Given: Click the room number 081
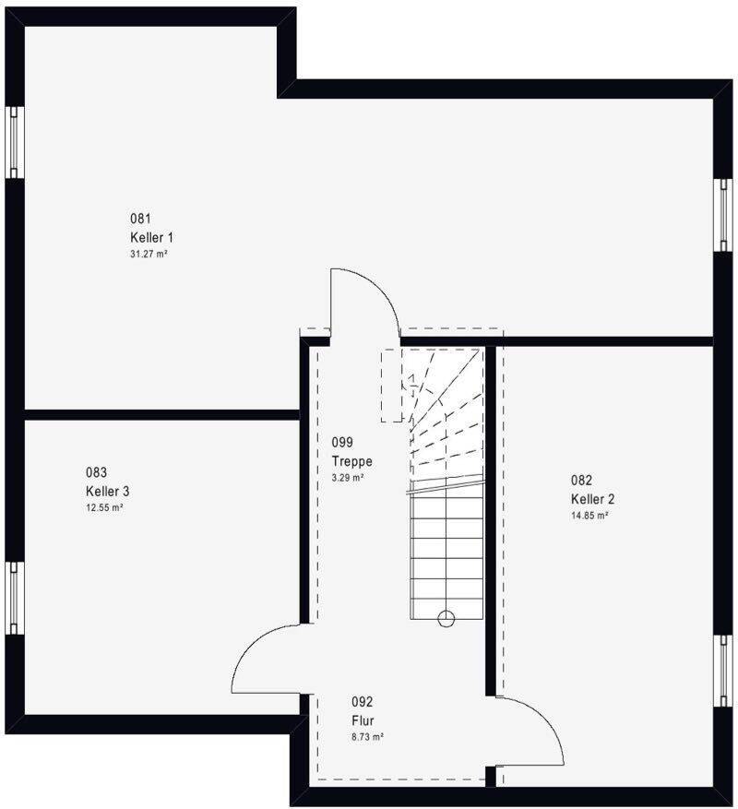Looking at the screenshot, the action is [x=140, y=219].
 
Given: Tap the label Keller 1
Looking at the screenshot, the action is [x=151, y=237].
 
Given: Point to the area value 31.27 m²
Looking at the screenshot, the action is [x=149, y=254].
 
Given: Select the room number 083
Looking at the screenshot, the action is [x=97, y=472].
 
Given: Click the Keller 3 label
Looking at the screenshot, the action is [x=107, y=491].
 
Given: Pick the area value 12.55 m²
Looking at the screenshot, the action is [x=104, y=507].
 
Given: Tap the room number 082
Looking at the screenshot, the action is [x=581, y=480].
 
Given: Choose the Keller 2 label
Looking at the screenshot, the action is [x=592, y=499].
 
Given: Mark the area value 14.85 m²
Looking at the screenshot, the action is [x=589, y=515].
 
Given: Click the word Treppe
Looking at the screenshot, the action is [x=352, y=461].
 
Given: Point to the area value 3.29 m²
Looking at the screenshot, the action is [x=348, y=477].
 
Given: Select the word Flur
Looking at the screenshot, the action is [x=363, y=720].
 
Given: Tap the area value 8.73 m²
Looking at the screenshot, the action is [x=367, y=737].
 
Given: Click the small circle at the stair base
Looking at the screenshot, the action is [x=446, y=618].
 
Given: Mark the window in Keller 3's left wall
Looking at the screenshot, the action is [x=15, y=598].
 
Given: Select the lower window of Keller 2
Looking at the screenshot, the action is [x=723, y=671].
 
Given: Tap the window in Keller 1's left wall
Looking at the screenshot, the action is [x=15, y=142].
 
